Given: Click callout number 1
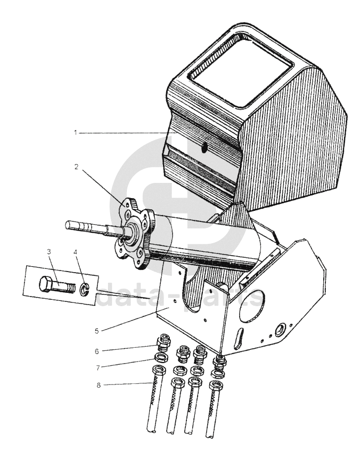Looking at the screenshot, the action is point(76,133).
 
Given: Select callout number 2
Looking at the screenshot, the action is point(76,167).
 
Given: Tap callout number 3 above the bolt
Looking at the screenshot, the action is point(49,252).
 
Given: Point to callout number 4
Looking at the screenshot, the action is point(76,252).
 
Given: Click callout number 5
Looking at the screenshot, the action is point(97,331).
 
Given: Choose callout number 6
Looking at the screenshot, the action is point(97,351).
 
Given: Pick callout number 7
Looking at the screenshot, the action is point(98,368).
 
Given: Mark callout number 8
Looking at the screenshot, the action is point(99,385).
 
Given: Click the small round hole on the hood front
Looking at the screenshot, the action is point(204,147).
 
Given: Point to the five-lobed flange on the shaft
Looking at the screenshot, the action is point(135,234).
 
